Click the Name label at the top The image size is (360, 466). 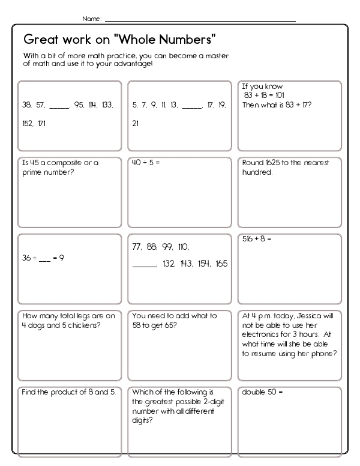tap(91, 19)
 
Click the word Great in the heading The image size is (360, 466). tap(40, 40)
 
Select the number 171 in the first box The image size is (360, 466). tap(40, 124)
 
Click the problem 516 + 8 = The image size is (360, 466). tap(257, 238)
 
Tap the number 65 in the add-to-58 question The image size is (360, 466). tap(178, 325)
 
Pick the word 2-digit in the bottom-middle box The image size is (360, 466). tap(204, 402)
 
